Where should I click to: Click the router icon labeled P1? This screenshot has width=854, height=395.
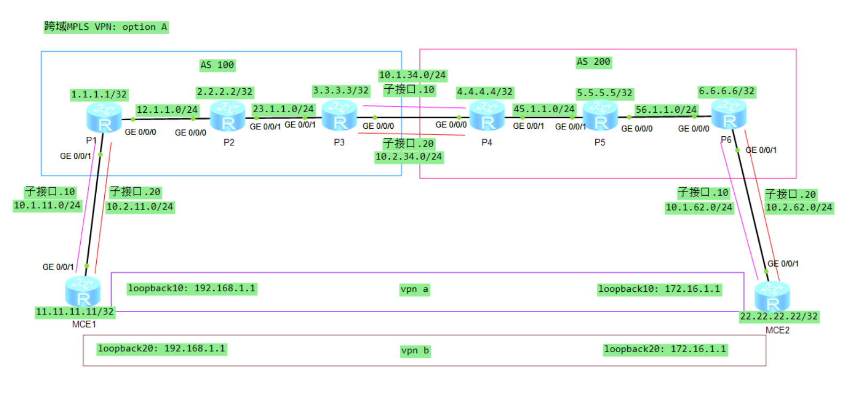[104, 118]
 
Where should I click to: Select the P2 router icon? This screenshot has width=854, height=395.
[227, 116]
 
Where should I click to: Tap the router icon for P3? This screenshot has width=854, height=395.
[339, 116]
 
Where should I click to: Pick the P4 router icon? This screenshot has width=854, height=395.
[487, 116]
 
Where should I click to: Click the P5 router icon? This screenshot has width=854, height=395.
[600, 116]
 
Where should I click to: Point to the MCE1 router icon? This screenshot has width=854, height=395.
[83, 292]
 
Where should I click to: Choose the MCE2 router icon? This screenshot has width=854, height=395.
[772, 297]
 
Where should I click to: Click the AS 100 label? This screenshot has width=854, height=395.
[217, 65]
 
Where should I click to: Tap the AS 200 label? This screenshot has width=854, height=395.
[593, 62]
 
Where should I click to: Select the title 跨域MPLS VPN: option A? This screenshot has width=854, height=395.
[106, 27]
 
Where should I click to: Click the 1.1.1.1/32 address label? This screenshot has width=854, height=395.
[99, 95]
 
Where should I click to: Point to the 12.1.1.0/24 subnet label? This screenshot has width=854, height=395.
[167, 110]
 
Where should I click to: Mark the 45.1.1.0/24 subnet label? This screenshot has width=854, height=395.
[544, 109]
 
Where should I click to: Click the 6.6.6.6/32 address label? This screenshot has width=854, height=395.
[726, 91]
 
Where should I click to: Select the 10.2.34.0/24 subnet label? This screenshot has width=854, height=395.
[409, 157]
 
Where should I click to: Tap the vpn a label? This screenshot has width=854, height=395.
[414, 289]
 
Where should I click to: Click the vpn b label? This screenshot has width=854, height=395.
[415, 351]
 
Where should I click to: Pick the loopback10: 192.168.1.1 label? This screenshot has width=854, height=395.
[192, 289]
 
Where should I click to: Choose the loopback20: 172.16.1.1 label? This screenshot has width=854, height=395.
[665, 350]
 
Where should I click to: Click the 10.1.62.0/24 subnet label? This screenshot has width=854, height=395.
[698, 207]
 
